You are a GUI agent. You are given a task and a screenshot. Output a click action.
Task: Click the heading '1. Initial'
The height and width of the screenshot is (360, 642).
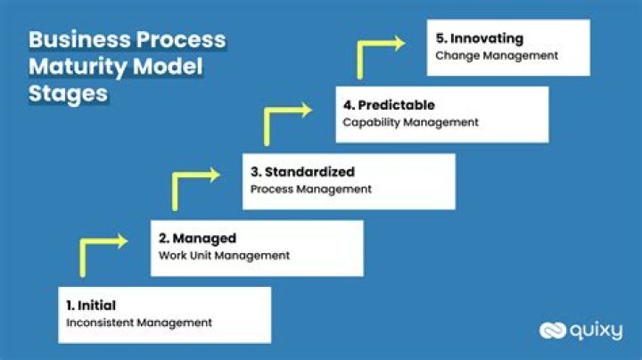pyautogui.click(x=91, y=306)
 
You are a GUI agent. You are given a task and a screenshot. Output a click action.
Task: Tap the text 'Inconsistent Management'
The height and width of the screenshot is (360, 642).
pyautogui.click(x=139, y=323)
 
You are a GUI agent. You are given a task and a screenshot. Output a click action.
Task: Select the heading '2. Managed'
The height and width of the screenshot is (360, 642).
pyautogui.click(x=197, y=238)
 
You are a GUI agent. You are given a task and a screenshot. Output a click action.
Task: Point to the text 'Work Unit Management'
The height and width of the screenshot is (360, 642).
pyautogui.click(x=224, y=256)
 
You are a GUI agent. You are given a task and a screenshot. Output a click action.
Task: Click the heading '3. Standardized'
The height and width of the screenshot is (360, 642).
pyautogui.click(x=302, y=171)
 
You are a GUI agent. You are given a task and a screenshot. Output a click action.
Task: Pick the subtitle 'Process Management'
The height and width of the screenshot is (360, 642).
pyautogui.click(x=310, y=189)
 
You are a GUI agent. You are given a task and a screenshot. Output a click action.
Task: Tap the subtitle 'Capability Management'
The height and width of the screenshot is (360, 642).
pyautogui.click(x=411, y=122)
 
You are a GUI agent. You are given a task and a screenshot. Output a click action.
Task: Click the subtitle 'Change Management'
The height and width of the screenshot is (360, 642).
pyautogui.click(x=497, y=55)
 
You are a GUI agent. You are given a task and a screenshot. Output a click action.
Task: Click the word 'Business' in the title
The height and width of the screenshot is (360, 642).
pyautogui.click(x=78, y=40)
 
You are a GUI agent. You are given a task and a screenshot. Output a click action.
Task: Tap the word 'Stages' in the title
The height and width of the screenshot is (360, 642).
pyautogui.click(x=69, y=94)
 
